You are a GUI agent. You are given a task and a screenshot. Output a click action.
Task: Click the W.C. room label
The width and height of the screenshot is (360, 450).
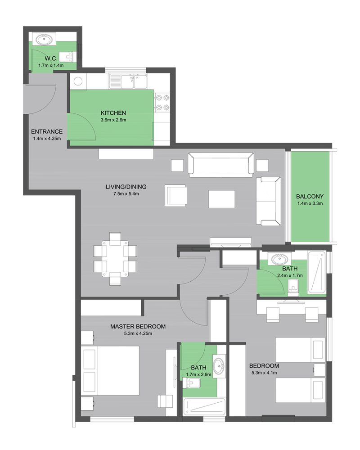(x=51, y=58)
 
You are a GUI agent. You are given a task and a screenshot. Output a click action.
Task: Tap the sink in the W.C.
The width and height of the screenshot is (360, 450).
(x=44, y=39)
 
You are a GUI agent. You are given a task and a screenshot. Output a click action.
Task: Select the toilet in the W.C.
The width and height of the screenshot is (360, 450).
(x=68, y=57)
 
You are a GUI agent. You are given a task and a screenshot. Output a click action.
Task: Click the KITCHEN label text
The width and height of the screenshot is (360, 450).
(x=113, y=113)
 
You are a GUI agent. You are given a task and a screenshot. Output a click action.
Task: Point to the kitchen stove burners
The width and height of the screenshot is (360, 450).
(x=162, y=103)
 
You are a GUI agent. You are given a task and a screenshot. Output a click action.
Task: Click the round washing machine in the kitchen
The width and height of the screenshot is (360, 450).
(x=78, y=81)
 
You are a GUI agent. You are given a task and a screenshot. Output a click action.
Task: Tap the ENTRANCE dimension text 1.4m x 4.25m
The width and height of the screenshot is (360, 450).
(x=47, y=139)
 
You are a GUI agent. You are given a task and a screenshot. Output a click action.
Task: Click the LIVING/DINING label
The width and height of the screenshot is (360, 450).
(x=126, y=187)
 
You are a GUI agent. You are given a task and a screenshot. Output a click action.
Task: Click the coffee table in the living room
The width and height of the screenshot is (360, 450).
(x=222, y=199)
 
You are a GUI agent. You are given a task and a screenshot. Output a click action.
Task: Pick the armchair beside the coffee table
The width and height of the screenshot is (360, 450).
(x=176, y=196)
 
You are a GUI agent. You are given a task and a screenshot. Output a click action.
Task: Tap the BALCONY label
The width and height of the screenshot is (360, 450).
(x=310, y=197)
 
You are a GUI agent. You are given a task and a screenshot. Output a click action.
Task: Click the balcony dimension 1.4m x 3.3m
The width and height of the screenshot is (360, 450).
(x=310, y=203)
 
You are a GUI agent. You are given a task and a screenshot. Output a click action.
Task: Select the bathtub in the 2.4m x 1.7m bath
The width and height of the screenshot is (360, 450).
(x=317, y=272)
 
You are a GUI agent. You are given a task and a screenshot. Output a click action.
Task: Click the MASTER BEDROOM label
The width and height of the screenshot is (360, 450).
(x=138, y=327)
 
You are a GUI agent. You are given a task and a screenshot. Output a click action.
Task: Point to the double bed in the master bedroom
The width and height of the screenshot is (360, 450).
(x=110, y=370)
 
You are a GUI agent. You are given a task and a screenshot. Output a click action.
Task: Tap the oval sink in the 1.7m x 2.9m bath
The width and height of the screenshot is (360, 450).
(x=219, y=365)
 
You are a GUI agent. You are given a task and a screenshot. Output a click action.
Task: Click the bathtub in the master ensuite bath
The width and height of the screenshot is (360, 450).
(x=204, y=407)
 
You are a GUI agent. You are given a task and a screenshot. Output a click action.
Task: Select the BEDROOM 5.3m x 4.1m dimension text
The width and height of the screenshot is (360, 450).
(x=264, y=373)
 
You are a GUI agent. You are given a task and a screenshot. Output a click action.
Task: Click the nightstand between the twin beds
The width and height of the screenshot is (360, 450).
(x=319, y=370)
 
